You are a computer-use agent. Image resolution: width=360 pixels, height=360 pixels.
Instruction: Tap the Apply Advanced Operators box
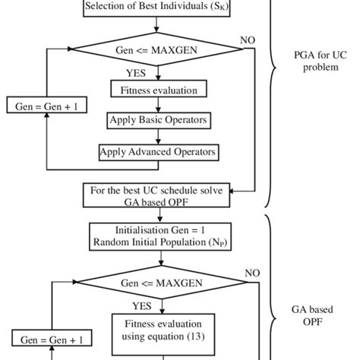point(159,152)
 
